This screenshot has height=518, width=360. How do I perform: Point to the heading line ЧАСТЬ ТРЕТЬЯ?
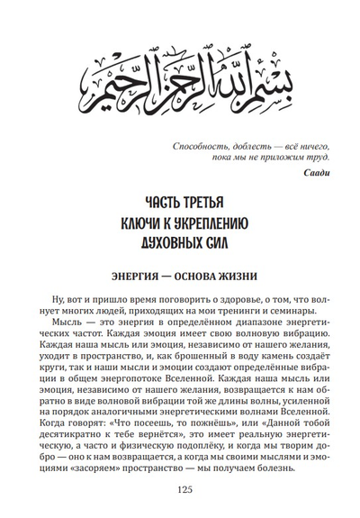(x=179, y=200)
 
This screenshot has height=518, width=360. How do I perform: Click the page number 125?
(x=180, y=501)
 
